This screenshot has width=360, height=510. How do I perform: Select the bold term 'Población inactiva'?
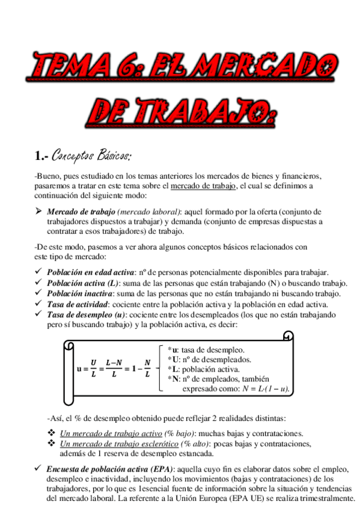79,293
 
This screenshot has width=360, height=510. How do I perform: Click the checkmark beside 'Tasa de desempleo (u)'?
39,315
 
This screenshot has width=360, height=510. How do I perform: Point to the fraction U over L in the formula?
93,369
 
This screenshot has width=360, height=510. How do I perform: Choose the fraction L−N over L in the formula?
114,369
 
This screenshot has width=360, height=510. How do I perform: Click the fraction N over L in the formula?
147,369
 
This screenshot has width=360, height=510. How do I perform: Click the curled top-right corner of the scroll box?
288,336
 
